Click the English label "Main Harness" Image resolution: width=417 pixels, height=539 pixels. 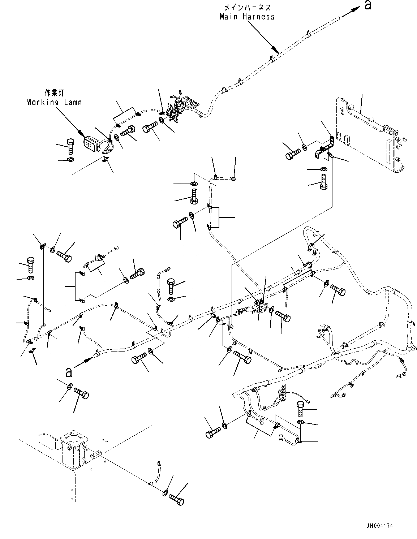click(x=247, y=16)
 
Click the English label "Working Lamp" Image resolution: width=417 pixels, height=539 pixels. click(x=54, y=102)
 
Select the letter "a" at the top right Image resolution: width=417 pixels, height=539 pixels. click(x=367, y=5)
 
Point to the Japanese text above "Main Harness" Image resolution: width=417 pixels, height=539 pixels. click(x=247, y=7)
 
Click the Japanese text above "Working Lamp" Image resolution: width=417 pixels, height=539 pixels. click(x=54, y=92)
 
